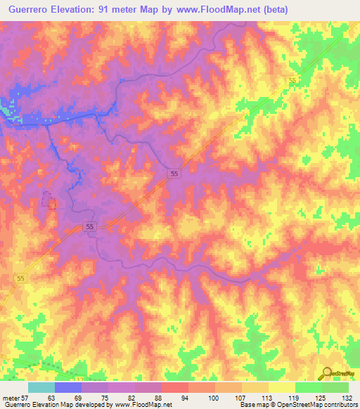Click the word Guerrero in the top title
point(30,9)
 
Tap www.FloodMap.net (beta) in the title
point(231,9)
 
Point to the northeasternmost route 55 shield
point(292,82)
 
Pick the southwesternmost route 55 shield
point(21,279)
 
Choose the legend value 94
point(184,397)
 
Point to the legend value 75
point(104,397)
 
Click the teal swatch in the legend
point(41,387)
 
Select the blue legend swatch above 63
point(68,387)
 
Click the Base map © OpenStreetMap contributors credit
point(298,405)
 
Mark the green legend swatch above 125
point(309,387)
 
